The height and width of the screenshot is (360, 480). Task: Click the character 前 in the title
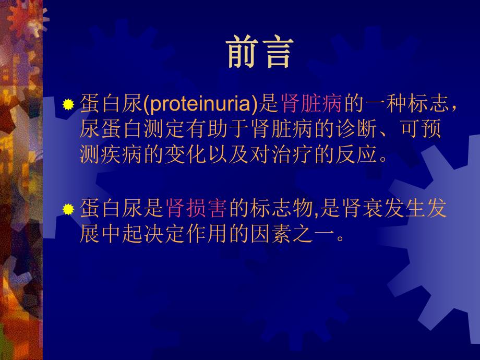pos(243,53)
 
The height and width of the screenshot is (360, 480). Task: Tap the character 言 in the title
pos(276,53)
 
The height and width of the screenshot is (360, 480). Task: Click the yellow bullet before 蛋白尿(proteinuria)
pos(68,105)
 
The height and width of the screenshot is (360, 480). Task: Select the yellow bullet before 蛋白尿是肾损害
pos(68,210)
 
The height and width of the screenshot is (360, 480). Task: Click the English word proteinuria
pos(201,104)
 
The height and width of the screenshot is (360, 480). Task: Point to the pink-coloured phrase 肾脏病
pos(311,104)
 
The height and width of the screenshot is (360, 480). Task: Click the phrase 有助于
pos(212,129)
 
